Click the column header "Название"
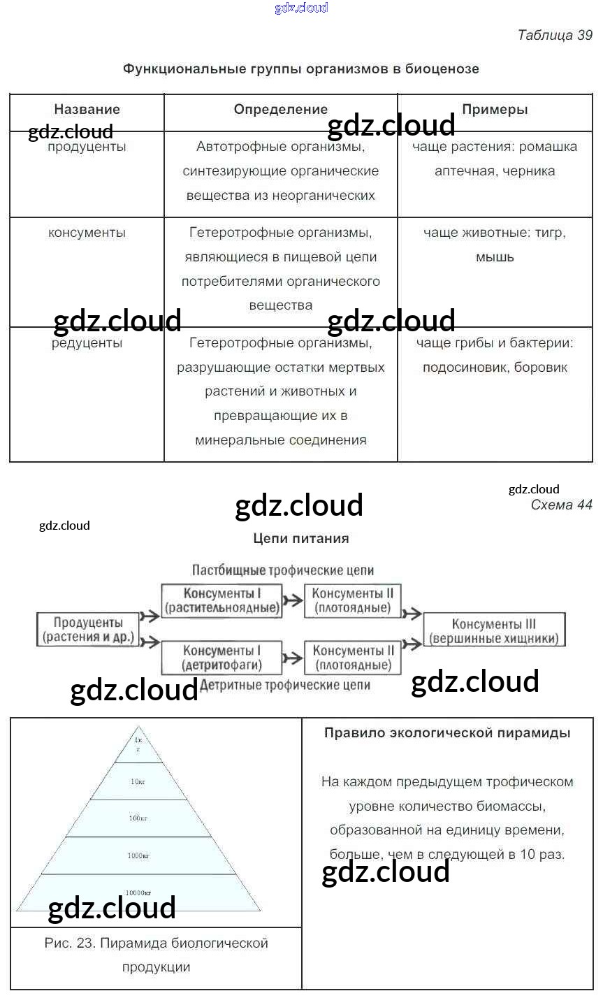(x=87, y=110)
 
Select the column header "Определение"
(x=280, y=110)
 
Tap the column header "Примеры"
(x=495, y=110)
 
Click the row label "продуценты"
(x=87, y=147)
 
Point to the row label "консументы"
(x=87, y=233)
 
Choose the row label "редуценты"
(x=87, y=343)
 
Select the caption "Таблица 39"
(x=555, y=35)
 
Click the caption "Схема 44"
(x=561, y=505)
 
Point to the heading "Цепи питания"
(x=300, y=539)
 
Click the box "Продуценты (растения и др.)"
(x=88, y=630)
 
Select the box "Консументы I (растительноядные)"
(x=221, y=601)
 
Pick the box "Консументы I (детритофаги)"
(x=221, y=658)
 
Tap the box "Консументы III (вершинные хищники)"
(x=494, y=631)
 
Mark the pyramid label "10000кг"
(x=138, y=893)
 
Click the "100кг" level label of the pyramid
(x=138, y=818)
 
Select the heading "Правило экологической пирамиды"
(x=447, y=733)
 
